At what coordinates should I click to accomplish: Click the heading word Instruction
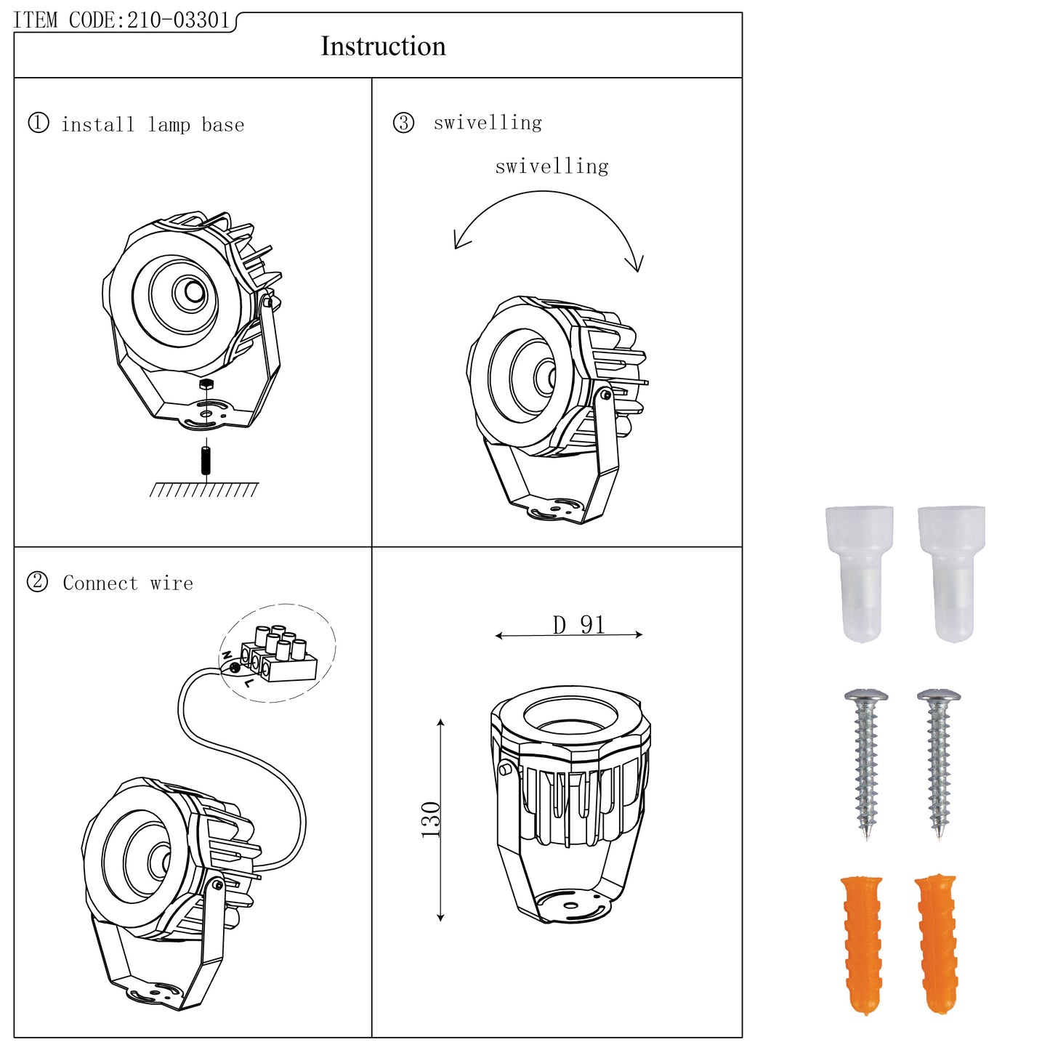pos(383,47)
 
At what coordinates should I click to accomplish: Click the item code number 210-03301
pos(178,20)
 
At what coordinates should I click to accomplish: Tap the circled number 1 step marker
pos(39,123)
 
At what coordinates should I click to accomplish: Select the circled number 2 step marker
pos(37,582)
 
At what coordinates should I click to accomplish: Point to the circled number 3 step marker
pos(403,123)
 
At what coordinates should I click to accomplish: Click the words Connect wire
pos(128,583)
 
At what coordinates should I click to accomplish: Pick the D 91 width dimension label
pos(578,625)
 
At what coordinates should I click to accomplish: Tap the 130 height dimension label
pos(431,820)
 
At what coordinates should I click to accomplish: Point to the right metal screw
pos(939,763)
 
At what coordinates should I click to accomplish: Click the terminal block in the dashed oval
pos(280,654)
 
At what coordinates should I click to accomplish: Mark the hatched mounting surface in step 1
pos(203,490)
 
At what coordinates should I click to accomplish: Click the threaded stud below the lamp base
pos(206,460)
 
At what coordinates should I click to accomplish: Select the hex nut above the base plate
pos(206,384)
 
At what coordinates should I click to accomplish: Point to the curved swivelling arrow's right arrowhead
pos(638,264)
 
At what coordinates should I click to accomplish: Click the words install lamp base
pos(153,125)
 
